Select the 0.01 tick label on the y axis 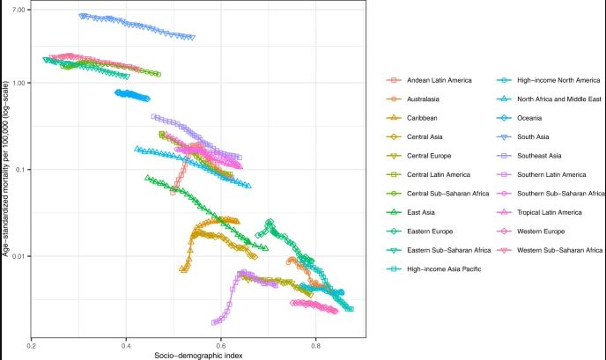tap(15, 256)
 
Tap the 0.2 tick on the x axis tap(31, 346)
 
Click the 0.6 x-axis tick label tap(221, 346)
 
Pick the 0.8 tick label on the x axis tap(316, 346)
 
